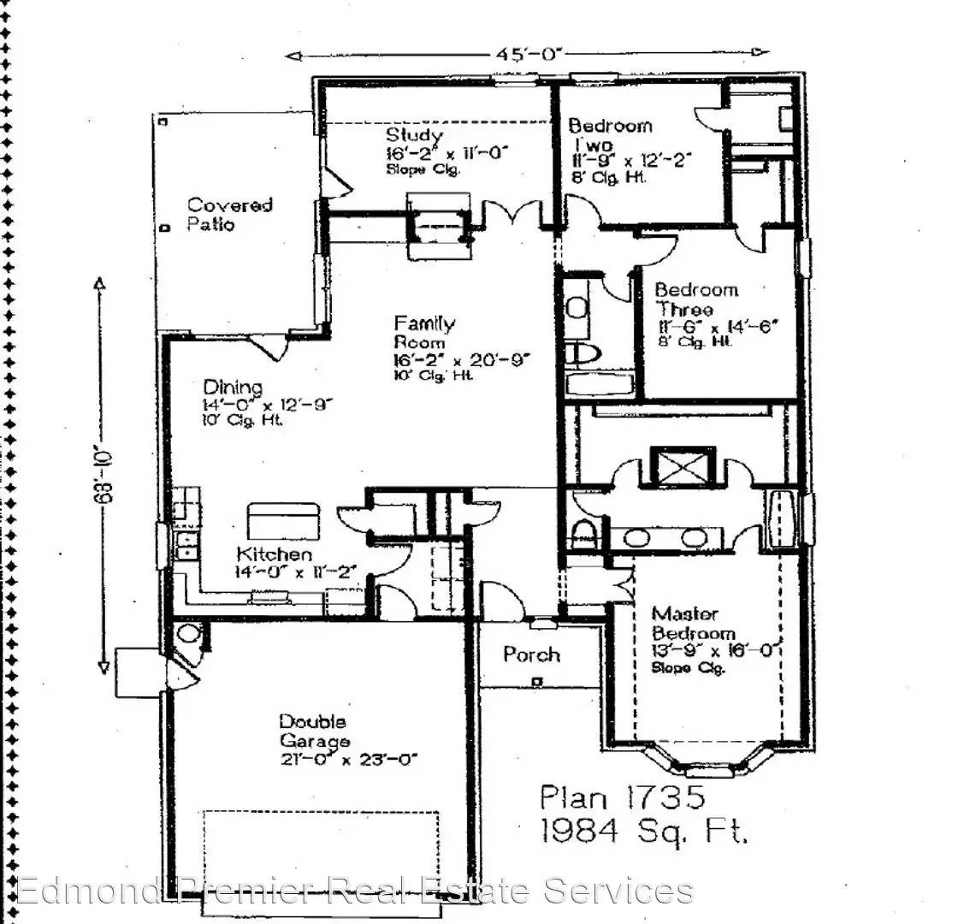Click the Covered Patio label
(229, 215)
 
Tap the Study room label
(414, 135)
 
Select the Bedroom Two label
(610, 135)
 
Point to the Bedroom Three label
(696, 299)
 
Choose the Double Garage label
(314, 731)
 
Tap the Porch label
(531, 654)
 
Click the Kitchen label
(274, 554)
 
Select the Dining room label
(233, 387)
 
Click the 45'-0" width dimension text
(529, 55)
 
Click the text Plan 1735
(623, 797)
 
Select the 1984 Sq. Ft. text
(643, 832)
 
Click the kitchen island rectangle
(283, 521)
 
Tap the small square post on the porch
(536, 682)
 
